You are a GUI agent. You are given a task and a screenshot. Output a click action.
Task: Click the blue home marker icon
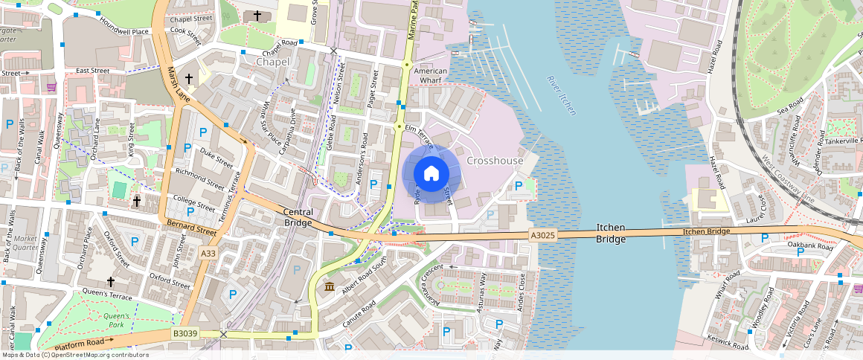[x=431, y=174]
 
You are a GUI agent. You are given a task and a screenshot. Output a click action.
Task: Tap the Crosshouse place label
[x=495, y=161]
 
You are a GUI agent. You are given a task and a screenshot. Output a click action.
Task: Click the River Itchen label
[x=562, y=95]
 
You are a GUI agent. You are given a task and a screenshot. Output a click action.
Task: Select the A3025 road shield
[x=543, y=235]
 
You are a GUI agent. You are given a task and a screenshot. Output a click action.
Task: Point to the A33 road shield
[x=209, y=254]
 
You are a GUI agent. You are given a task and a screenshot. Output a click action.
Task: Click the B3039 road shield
[x=185, y=334]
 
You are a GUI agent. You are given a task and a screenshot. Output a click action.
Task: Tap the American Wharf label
[x=431, y=75]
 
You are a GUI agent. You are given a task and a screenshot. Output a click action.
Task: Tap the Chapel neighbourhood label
[x=272, y=62]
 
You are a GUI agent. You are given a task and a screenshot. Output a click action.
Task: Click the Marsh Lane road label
[x=178, y=83]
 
